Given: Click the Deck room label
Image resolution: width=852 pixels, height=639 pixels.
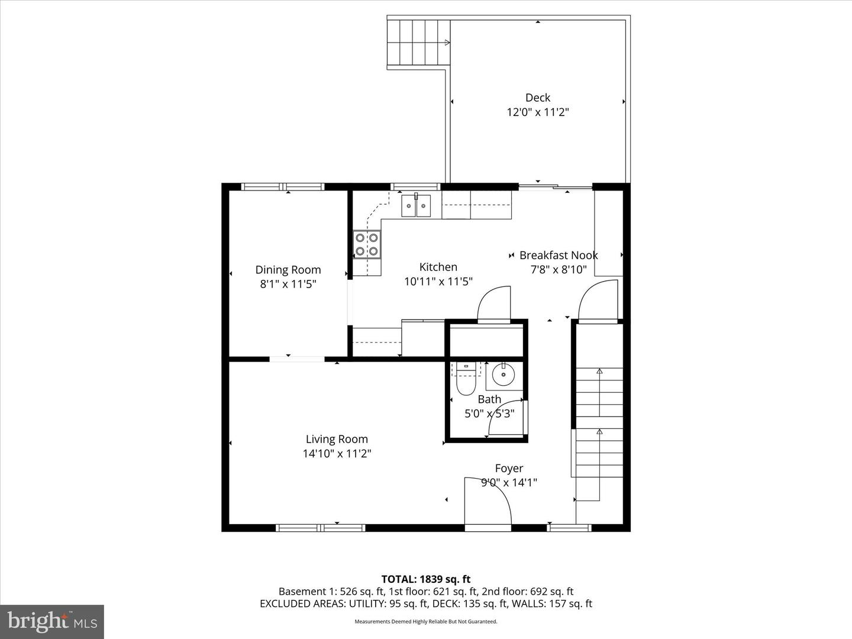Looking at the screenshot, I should click(537, 98).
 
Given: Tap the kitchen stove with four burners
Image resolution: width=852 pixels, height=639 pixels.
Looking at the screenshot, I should click(366, 244).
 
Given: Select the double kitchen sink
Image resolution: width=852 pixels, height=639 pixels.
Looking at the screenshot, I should click(417, 205).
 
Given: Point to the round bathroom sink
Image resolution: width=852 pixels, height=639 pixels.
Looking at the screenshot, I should click(504, 375).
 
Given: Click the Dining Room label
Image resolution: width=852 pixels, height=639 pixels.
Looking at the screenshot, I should click(288, 270).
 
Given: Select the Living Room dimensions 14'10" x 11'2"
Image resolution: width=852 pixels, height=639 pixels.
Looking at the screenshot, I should click(337, 454).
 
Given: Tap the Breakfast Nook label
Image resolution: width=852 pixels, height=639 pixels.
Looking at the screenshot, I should click(559, 255).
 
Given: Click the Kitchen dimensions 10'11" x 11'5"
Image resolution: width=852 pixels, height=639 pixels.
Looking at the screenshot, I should click(438, 282).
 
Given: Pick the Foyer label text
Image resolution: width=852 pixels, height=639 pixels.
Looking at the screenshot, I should click(509, 468).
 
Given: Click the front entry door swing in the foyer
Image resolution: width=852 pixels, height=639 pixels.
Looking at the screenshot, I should click(487, 501).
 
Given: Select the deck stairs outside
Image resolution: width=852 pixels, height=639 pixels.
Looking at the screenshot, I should click(418, 43).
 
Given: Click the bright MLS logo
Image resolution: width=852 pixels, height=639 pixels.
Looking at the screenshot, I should click(52, 621).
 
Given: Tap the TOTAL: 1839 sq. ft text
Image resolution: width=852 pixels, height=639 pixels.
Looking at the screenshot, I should click(425, 579).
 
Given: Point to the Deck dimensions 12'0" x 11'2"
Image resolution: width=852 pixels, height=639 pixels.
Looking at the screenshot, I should click(537, 112).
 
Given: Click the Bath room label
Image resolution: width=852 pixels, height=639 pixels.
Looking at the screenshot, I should click(489, 399).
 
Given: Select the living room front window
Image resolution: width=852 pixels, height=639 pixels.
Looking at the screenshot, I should click(321, 527).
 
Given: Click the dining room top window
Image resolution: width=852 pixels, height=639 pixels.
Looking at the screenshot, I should click(283, 187).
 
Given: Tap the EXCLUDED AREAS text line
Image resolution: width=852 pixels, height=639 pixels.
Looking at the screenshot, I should click(425, 603).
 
